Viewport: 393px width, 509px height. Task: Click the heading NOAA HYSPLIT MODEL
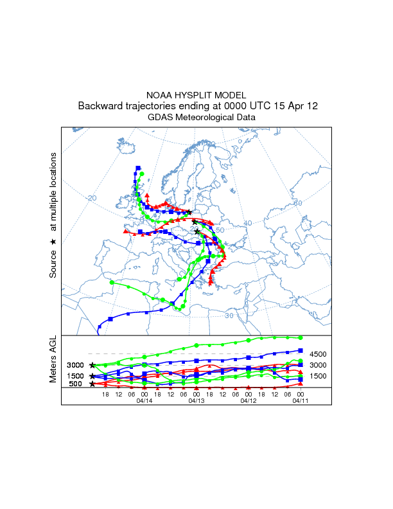click(x=196, y=94)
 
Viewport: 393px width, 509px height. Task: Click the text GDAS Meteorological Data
click(x=202, y=117)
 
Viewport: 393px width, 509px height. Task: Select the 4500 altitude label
click(x=319, y=354)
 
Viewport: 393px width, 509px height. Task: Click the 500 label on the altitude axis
click(x=75, y=384)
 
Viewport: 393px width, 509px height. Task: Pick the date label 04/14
click(x=144, y=400)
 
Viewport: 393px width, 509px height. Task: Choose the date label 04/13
click(x=196, y=400)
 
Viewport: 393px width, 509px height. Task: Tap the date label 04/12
click(x=248, y=400)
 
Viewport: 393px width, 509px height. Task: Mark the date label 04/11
click(x=300, y=400)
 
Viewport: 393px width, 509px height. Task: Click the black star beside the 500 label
click(x=92, y=384)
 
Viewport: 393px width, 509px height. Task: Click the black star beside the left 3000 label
click(x=92, y=365)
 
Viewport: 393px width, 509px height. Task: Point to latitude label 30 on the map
click(x=229, y=316)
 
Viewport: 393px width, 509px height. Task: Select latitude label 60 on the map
click(x=297, y=203)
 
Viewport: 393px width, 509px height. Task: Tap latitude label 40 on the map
click(x=249, y=223)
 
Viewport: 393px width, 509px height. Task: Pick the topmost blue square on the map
click(x=138, y=168)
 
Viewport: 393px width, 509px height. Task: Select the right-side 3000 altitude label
click(x=319, y=365)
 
